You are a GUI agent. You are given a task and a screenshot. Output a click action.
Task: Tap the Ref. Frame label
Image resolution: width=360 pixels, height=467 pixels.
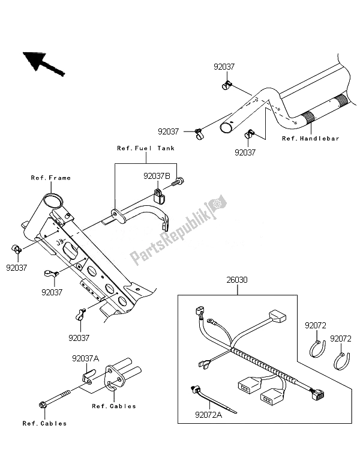51,178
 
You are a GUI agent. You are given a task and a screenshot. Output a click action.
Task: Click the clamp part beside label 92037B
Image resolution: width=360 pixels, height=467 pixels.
160,195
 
